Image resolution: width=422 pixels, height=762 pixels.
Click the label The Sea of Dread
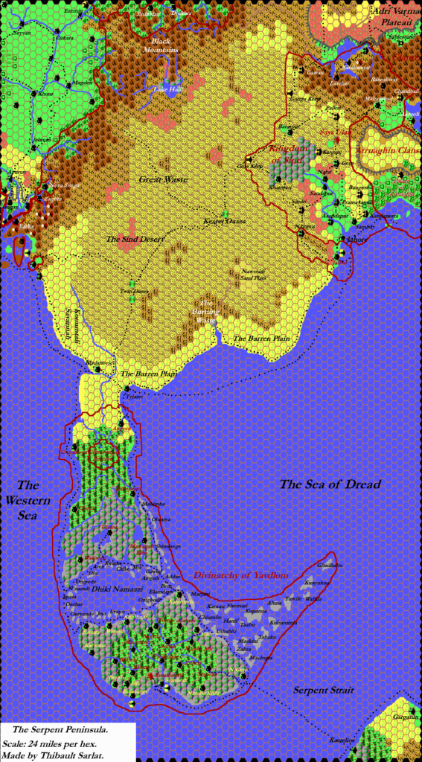pos(330,484)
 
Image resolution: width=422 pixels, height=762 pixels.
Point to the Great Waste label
pos(163,179)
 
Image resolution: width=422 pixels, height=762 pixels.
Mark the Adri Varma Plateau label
pos(391,17)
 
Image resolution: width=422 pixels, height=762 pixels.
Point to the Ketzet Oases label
pos(225,222)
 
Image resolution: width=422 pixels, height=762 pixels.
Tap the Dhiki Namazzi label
pos(112,589)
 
